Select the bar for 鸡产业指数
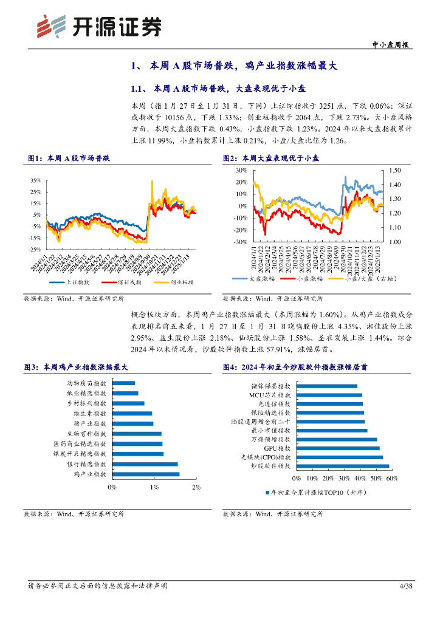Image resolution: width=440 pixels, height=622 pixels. click(x=146, y=474)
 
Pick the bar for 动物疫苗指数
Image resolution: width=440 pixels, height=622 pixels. click(x=123, y=383)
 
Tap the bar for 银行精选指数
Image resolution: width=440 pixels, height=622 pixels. click(x=145, y=464)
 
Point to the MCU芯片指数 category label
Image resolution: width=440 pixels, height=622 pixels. click(x=270, y=395)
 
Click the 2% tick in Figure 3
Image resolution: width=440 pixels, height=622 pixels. click(x=196, y=488)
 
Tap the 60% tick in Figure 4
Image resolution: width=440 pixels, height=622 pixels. click(x=392, y=479)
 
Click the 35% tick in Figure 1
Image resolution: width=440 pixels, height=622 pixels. click(x=36, y=180)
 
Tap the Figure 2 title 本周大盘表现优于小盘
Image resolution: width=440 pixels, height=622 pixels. click(x=284, y=158)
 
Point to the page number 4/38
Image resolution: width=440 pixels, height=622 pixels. click(x=405, y=586)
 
